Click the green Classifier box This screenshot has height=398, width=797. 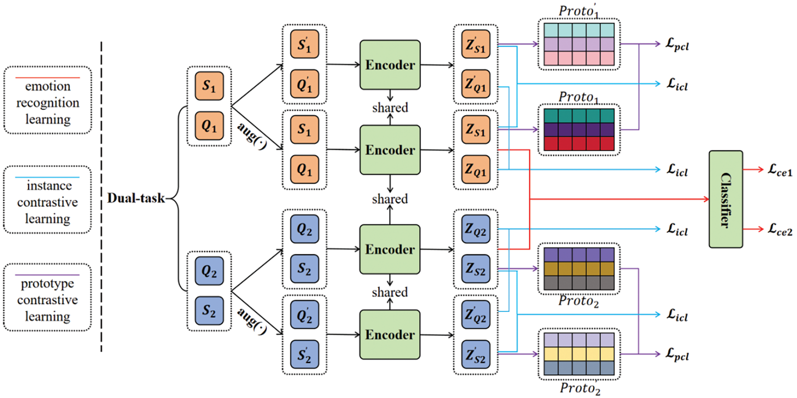click(x=725, y=199)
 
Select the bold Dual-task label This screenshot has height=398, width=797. click(x=136, y=198)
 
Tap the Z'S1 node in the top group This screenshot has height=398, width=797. click(x=476, y=44)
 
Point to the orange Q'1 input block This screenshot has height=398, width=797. click(x=304, y=84)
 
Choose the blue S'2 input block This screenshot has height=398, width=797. click(x=304, y=354)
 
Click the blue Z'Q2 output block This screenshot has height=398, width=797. click(x=476, y=315)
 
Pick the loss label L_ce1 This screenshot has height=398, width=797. click(x=780, y=170)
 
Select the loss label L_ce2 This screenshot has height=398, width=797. click(x=780, y=229)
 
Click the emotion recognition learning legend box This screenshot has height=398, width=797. click(x=48, y=100)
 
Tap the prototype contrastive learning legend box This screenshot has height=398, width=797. click(x=48, y=297)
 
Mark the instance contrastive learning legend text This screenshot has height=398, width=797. click(x=48, y=202)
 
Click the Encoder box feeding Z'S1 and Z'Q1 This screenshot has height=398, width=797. click(x=390, y=65)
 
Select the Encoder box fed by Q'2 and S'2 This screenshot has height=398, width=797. click(x=390, y=335)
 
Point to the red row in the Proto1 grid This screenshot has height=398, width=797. click(x=579, y=144)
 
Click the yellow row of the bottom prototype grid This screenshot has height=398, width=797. click(x=579, y=354)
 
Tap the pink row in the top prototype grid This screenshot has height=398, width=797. click(x=579, y=58)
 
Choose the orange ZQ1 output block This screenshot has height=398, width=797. click(x=476, y=170)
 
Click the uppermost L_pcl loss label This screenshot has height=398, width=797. click(x=677, y=44)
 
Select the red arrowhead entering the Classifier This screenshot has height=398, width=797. click(x=706, y=199)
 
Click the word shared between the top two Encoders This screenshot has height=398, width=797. click(x=390, y=108)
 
